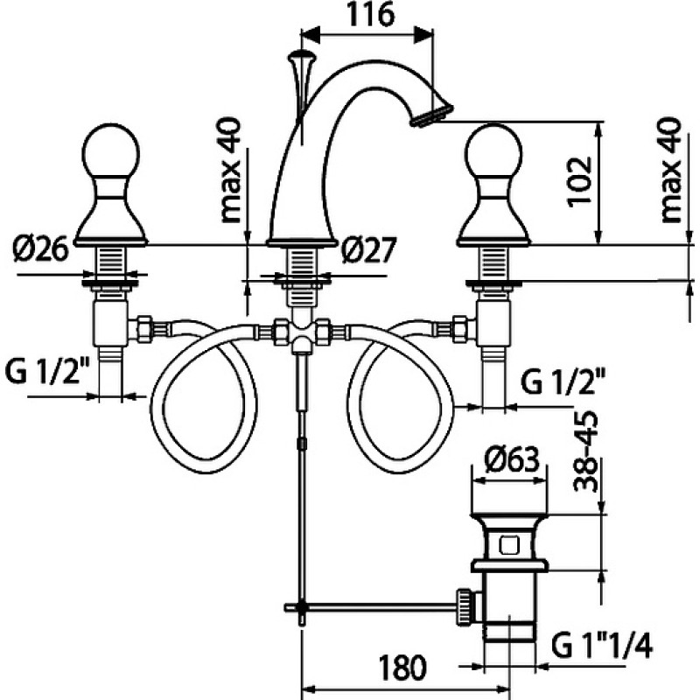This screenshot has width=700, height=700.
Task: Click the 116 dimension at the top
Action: click(x=370, y=14)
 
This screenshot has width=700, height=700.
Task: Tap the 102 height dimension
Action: click(x=580, y=181)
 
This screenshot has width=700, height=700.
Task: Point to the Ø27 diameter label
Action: click(x=368, y=250)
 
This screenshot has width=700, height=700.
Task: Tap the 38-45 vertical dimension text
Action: click(x=585, y=451)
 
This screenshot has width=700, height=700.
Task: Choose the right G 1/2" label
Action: click(x=563, y=382)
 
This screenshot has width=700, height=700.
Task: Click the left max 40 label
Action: click(x=231, y=170)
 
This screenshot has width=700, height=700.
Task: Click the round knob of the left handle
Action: click(x=111, y=151)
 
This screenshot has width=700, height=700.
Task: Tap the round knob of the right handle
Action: click(x=493, y=151)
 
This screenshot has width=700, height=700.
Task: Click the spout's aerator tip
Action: click(x=431, y=115)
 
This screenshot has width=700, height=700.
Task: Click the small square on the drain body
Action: click(x=509, y=545)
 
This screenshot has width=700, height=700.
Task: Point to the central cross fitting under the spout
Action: click(x=302, y=333)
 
